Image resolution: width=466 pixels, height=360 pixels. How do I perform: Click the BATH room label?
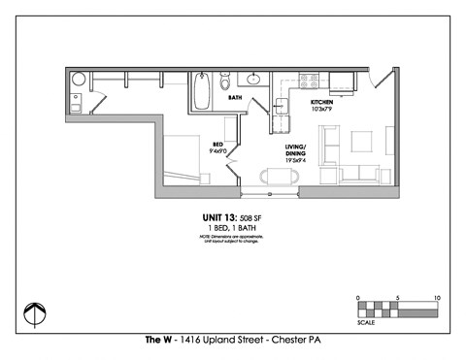coord(235,98)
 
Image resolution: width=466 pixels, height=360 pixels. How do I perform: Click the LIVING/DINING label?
coord(297,150)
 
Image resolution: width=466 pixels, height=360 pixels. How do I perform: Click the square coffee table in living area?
coord(360,142)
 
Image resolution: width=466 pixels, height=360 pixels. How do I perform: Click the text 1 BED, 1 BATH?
coord(231,228)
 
